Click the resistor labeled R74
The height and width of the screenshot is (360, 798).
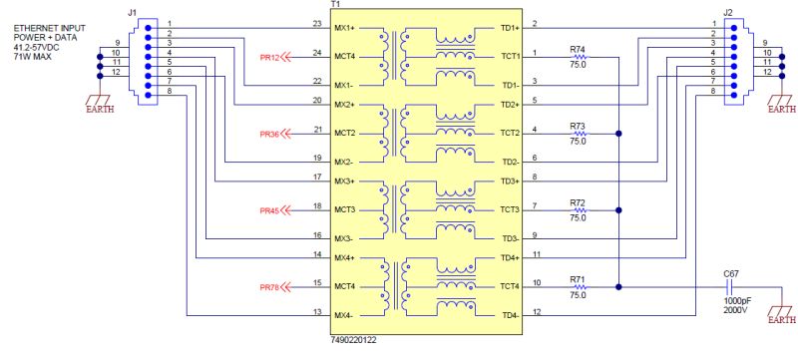pos(578,57)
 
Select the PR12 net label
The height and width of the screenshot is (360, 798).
pos(269,57)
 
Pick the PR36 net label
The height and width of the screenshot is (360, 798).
pos(269,134)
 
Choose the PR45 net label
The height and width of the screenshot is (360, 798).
pos(269,210)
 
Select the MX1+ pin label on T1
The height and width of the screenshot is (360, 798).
pos(345,27)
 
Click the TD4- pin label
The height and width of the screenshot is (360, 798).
pos(510,315)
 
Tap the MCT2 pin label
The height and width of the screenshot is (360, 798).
pos(345,133)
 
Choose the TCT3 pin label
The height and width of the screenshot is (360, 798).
pos(510,210)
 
